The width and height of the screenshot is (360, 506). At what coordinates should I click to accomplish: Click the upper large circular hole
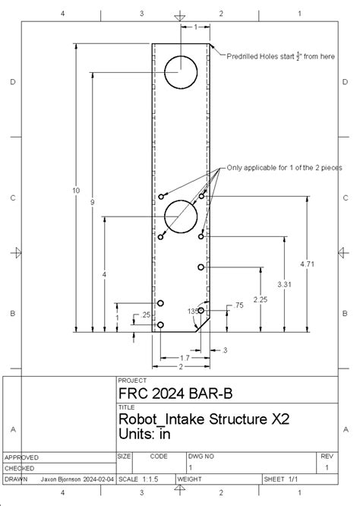(181, 72)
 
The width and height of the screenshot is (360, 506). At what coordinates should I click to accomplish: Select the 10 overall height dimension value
(76, 190)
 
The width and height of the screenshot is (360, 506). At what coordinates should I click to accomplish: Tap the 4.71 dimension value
(307, 264)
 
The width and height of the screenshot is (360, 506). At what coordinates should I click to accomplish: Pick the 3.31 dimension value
(285, 283)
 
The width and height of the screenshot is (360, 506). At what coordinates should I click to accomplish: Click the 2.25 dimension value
(261, 299)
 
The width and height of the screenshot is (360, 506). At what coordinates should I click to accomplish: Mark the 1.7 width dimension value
(185, 357)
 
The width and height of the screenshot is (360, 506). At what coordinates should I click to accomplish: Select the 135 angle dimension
(193, 311)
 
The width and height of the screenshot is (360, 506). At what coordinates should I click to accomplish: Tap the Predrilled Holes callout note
(280, 55)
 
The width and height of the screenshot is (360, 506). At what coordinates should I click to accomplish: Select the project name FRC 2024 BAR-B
(169, 394)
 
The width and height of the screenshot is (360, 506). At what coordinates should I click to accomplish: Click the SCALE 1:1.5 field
(137, 480)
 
